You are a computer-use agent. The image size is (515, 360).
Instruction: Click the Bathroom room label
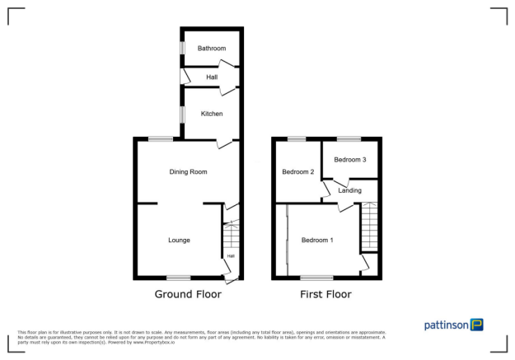click(x=212, y=49)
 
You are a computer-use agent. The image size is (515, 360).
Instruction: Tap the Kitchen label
click(x=212, y=114)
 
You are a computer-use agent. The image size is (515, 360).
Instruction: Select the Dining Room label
click(x=188, y=172)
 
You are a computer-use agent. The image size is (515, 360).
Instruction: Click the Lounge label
click(x=180, y=241)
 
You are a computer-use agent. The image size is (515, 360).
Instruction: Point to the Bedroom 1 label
click(x=317, y=241)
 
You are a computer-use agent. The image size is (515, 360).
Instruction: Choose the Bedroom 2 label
click(x=297, y=172)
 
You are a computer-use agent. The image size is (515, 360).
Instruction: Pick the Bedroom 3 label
click(x=350, y=159)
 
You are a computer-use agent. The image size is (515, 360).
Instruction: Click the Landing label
click(x=350, y=190)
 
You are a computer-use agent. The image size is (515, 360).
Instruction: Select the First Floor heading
click(x=326, y=294)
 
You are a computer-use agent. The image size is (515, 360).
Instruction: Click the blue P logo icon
click(x=477, y=325)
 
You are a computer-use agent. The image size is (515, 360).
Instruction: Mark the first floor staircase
click(x=369, y=227)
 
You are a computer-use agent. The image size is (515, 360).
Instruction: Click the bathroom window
click(x=183, y=49)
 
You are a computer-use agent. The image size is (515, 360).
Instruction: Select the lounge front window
click(x=178, y=278)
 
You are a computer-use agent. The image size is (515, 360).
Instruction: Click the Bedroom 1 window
click(x=316, y=278)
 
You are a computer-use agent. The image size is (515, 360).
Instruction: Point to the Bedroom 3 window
click(x=349, y=138)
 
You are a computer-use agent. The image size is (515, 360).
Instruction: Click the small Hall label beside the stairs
click(x=231, y=256)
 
